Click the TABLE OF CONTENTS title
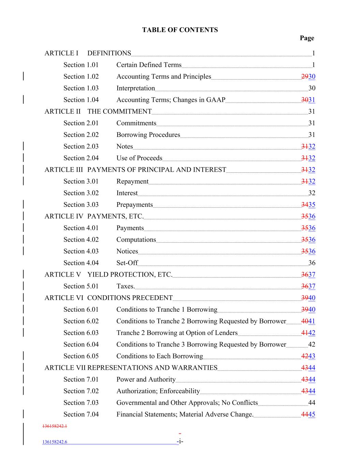pos(180,30)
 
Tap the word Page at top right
pos(307,38)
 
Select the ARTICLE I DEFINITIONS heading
pos(88,53)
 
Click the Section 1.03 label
pos(81,88)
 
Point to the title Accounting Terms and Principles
pos(164,76)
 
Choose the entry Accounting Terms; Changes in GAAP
pos(171,100)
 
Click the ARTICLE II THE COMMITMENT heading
pos(98,111)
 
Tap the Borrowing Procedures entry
pos(148,135)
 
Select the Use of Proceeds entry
pos(139,158)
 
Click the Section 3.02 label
pos(81,193)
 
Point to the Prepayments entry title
pos(134,204)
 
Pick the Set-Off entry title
pos(127,263)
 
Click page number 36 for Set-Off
pos(312,263)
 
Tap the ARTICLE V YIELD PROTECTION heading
pos(108,274)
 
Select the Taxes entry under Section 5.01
pos(125,286)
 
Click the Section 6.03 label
pos(81,333)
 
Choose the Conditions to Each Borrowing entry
pos(159,356)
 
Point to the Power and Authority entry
pos(146,379)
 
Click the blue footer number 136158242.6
pos(55,442)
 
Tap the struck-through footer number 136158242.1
pos(55,426)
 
